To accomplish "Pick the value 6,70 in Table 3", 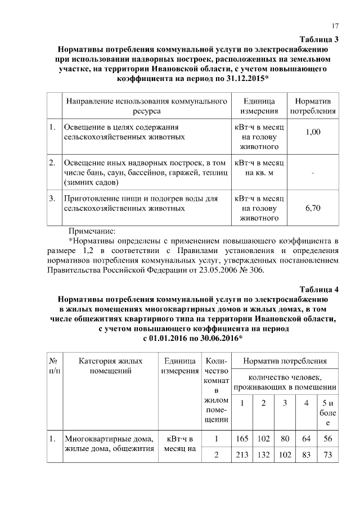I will pyautogui.click(x=313, y=208).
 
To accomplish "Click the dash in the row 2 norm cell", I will pyautogui.click(x=313, y=173).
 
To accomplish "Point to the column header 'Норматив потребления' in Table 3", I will pyautogui.click(x=313, y=106).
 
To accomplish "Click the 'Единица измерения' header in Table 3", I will pyautogui.click(x=259, y=106).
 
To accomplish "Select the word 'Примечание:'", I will pyautogui.click(x=91, y=231).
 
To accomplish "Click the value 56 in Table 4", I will pyautogui.click(x=327, y=439).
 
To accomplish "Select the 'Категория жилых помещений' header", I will pyautogui.click(x=110, y=366).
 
